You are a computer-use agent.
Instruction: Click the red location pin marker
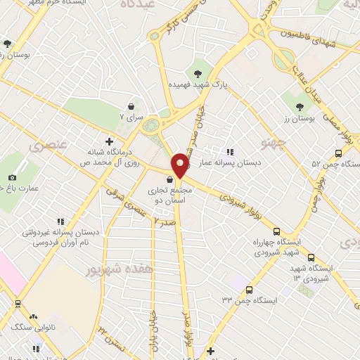(x=180, y=165)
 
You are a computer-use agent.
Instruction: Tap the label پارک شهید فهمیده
(x=191, y=84)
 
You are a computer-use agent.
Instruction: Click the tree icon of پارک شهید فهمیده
(x=198, y=72)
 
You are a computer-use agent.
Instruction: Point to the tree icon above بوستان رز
(x=300, y=108)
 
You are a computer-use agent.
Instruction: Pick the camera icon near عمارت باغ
(x=12, y=177)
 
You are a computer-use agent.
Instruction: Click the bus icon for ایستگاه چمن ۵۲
(x=338, y=153)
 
